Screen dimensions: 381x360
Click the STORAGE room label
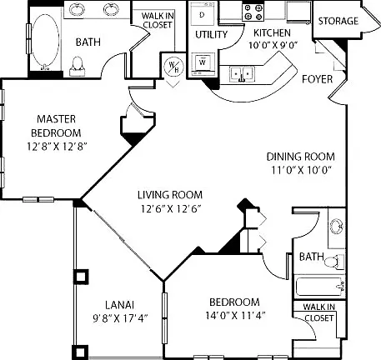tap(338, 21)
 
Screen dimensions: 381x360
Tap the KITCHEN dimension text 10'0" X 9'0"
tap(273, 45)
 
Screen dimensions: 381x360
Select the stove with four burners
tap(253, 12)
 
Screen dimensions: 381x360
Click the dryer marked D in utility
tap(203, 13)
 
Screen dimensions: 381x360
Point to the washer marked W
tap(203, 63)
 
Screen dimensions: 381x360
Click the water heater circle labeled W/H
tap(173, 67)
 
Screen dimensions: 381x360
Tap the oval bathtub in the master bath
tap(45, 42)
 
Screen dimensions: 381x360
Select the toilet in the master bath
tap(78, 67)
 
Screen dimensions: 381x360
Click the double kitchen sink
tap(242, 74)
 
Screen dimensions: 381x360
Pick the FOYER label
tap(318, 79)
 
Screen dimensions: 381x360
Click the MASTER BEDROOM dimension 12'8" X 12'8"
tap(58, 147)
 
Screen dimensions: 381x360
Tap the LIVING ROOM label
tap(170, 195)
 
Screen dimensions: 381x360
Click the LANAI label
tap(119, 305)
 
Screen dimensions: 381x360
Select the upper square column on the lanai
tap(81, 277)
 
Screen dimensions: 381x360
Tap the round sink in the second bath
tap(337, 226)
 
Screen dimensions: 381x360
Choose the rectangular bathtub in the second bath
tap(319, 287)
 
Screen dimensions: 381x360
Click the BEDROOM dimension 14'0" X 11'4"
tap(235, 316)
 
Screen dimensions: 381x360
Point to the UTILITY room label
tap(212, 34)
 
